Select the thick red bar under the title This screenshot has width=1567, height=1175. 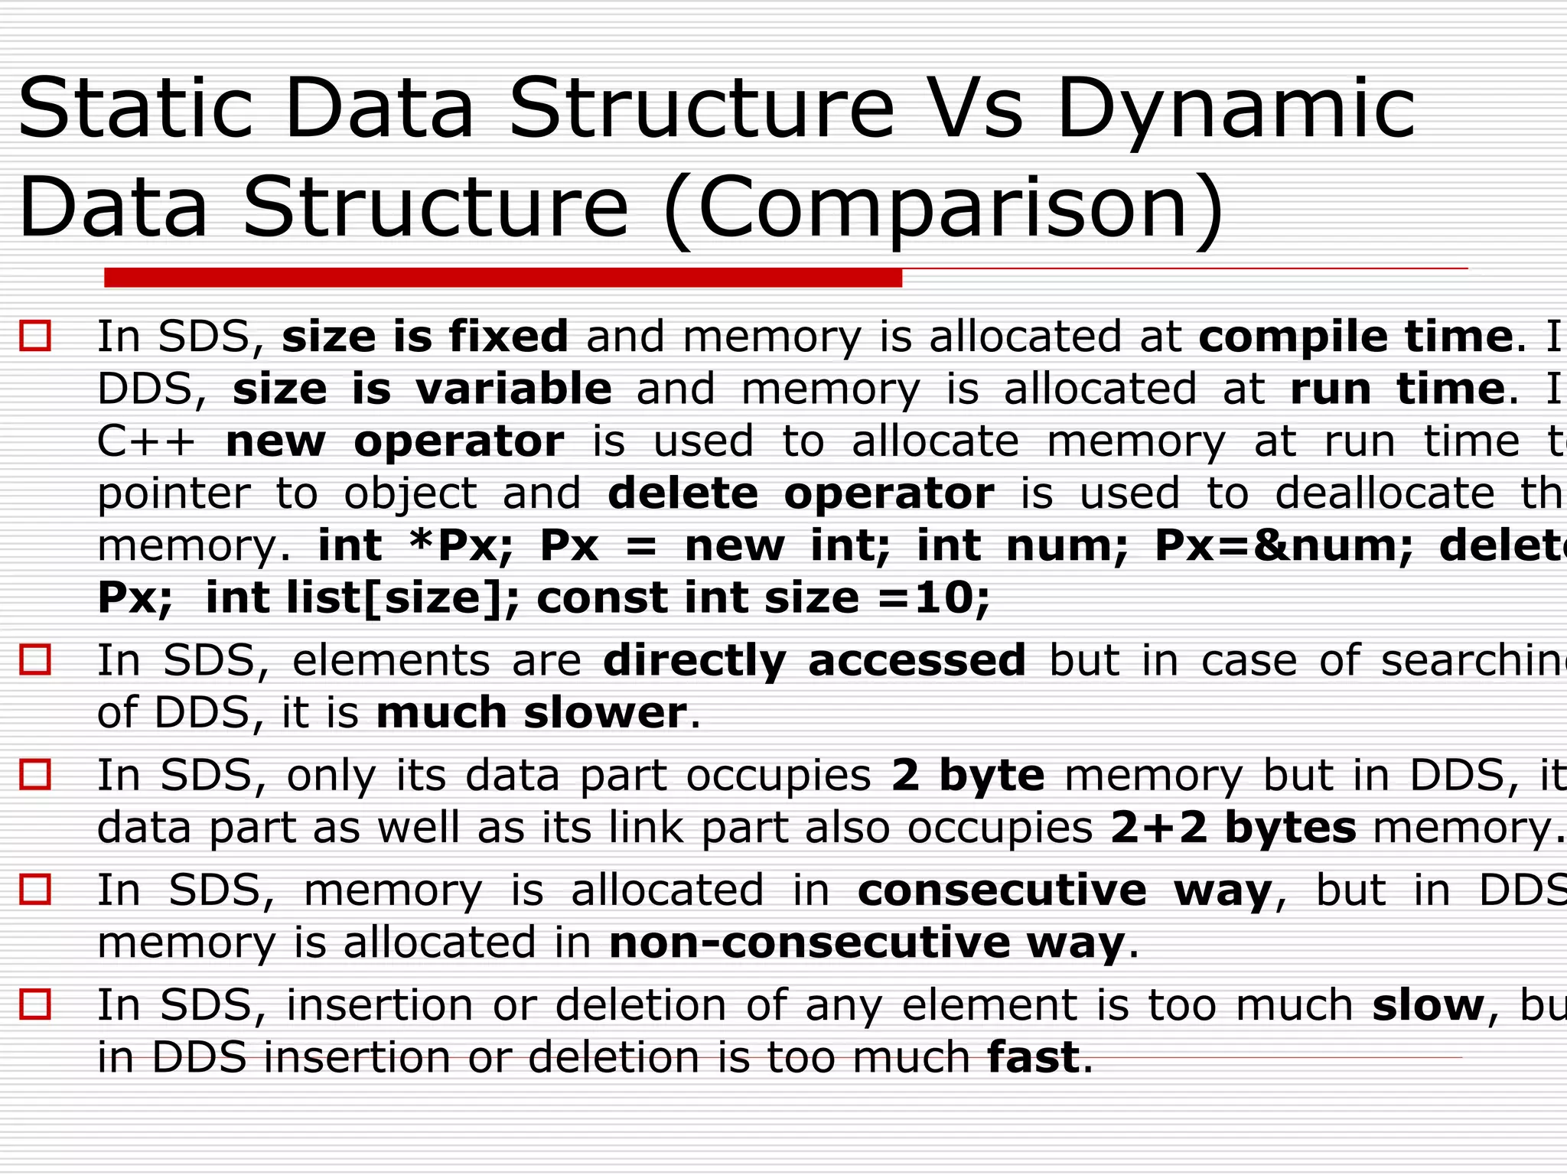[x=503, y=278]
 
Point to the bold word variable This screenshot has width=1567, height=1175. [x=513, y=389]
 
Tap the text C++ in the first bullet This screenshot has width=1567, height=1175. [x=146, y=441]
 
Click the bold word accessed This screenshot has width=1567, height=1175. [x=917, y=661]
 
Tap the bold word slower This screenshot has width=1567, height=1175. [x=605, y=714]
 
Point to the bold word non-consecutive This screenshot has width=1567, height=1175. [x=810, y=942]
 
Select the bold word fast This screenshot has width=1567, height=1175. [x=1034, y=1057]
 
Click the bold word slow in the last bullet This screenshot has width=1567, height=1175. [x=1428, y=1005]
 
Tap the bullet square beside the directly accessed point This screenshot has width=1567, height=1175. [x=35, y=659]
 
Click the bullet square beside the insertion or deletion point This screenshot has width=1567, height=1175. [x=35, y=1004]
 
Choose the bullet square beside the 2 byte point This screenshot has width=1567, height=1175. [x=35, y=774]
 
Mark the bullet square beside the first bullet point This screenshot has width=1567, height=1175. [x=35, y=336]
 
